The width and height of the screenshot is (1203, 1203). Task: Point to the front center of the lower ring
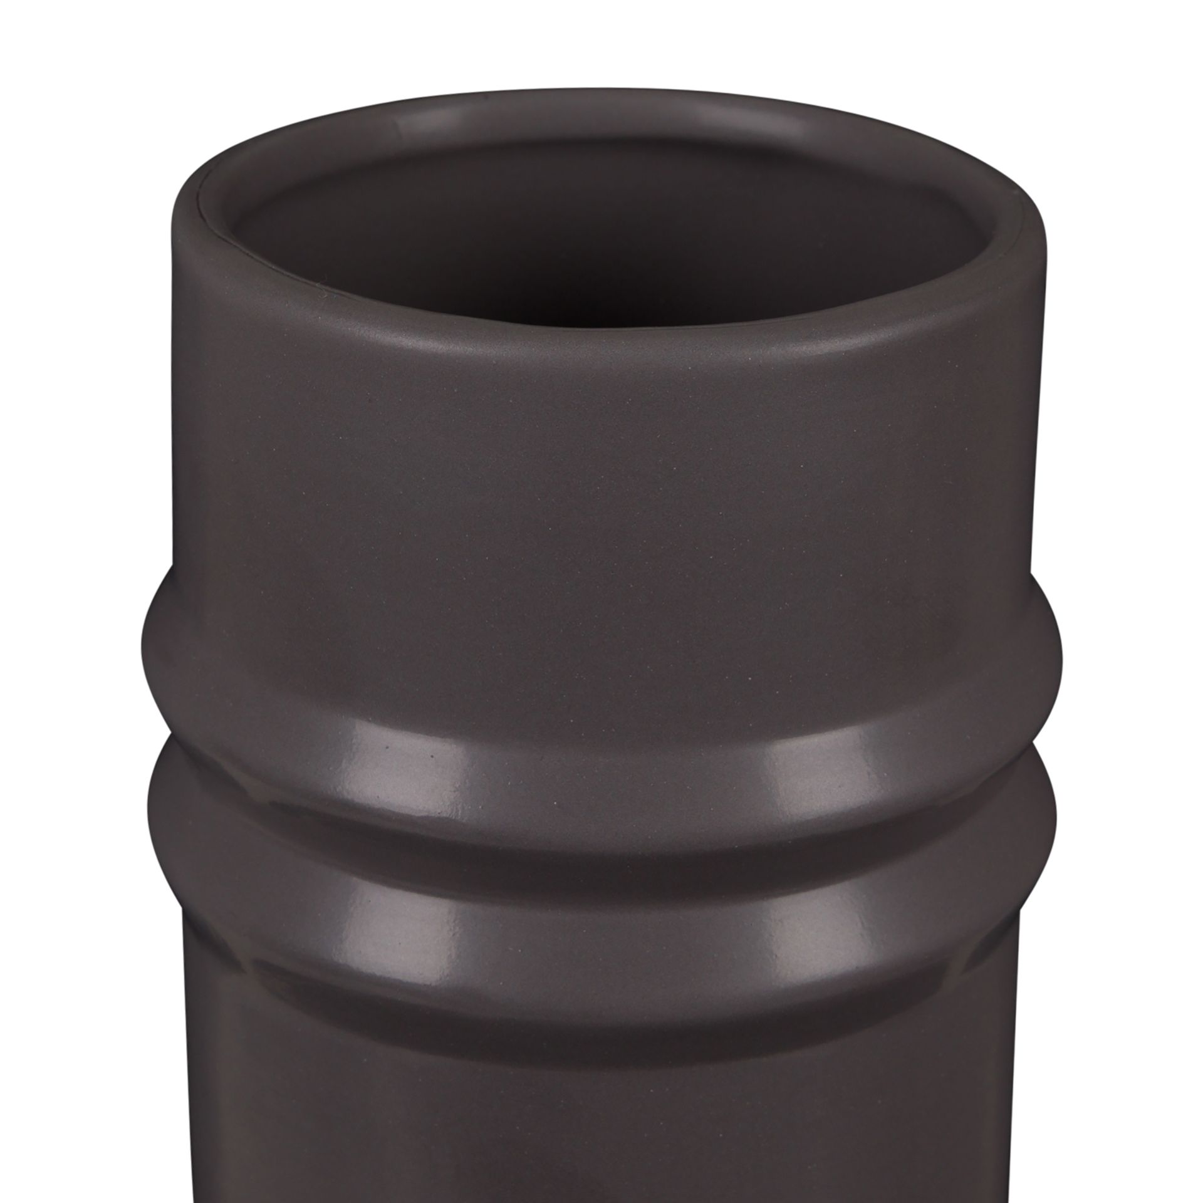[601, 852]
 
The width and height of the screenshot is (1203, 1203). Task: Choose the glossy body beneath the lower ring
[601, 1065]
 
